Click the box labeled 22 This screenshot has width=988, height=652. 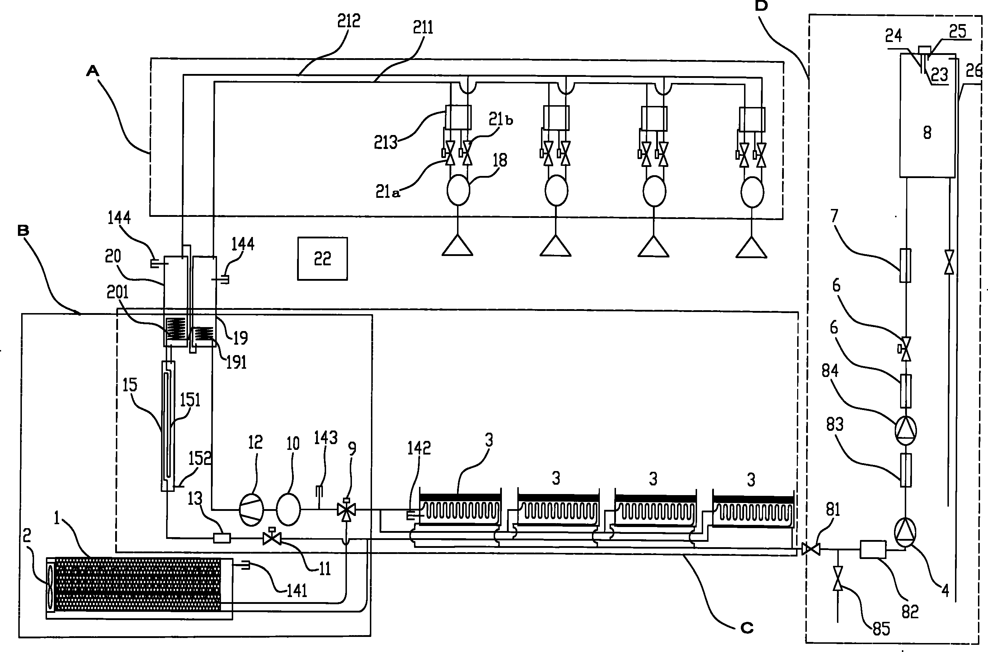[323, 259]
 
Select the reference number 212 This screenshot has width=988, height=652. [348, 21]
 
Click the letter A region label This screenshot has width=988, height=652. [93, 71]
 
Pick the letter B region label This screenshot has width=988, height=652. [23, 231]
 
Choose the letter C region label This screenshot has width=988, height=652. [747, 628]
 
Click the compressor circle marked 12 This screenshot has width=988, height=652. [251, 510]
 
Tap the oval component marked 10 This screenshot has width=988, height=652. [288, 509]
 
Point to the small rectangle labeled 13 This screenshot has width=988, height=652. [222, 539]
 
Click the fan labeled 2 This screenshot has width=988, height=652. [51, 585]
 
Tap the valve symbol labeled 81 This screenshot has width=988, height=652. [810, 549]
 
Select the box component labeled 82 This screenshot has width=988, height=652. [872, 549]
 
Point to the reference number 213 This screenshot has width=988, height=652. [386, 143]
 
